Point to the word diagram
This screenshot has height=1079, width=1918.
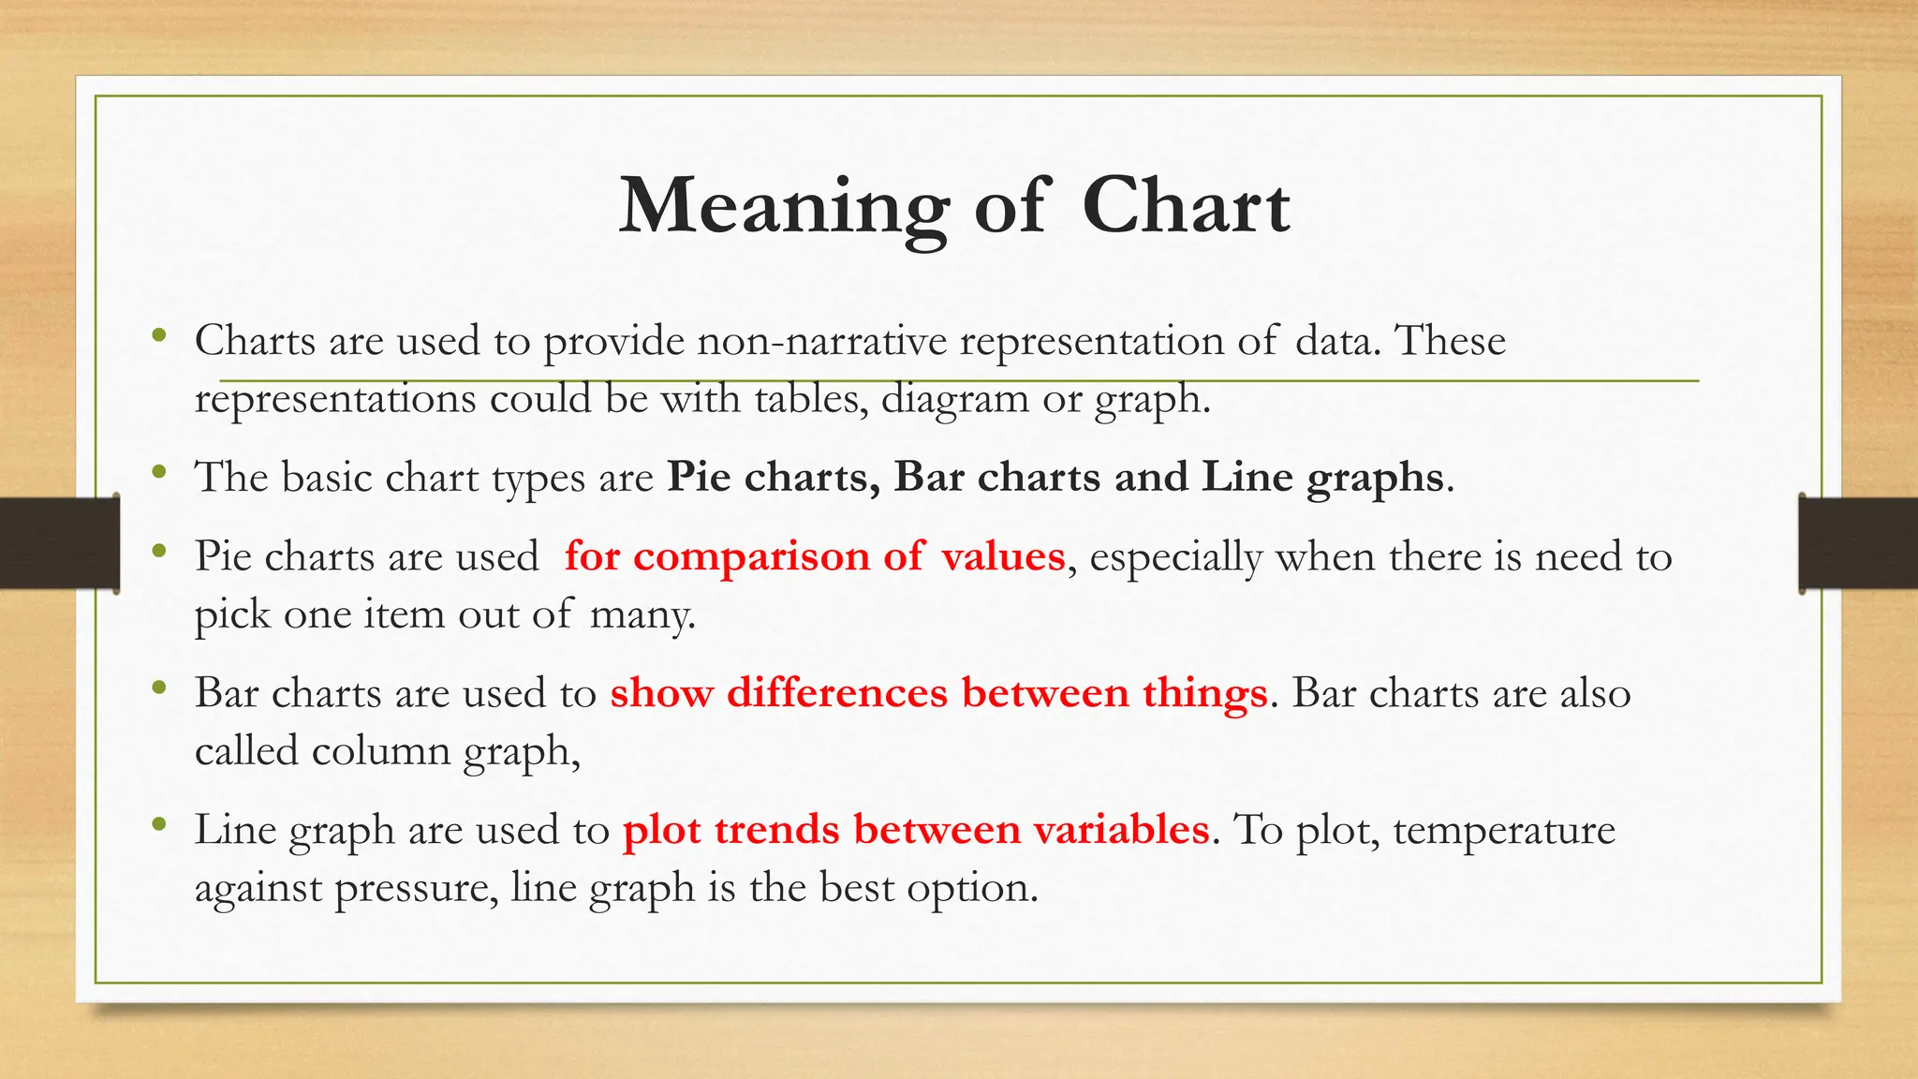[x=954, y=399]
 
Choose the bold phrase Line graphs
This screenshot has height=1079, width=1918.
[x=1322, y=478]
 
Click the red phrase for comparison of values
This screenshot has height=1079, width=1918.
[x=815, y=556]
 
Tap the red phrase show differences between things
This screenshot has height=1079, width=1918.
[x=938, y=693]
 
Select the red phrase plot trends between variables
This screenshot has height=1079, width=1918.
[x=916, y=830]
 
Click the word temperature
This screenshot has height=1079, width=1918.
[x=1504, y=830]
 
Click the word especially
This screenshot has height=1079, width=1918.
[x=1176, y=556]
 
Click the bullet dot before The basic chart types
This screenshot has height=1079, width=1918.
[x=159, y=472]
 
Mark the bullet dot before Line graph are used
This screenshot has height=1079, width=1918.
[x=159, y=824]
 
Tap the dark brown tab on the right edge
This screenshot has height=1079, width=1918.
[x=1858, y=543]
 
